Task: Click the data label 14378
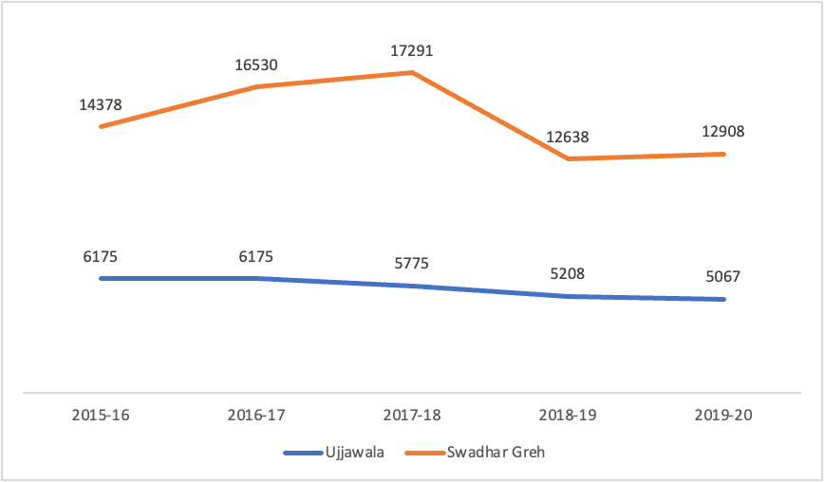click(100, 104)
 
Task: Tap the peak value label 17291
click(412, 50)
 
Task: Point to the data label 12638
click(568, 137)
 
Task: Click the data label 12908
click(723, 132)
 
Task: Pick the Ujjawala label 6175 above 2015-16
click(100, 256)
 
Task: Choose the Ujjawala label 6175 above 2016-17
click(256, 256)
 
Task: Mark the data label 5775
click(412, 264)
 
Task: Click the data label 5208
click(568, 274)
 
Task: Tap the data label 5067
click(723, 277)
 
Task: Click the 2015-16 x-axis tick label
click(100, 416)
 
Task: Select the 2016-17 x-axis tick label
click(256, 416)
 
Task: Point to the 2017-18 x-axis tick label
click(412, 416)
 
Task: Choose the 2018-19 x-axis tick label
click(568, 416)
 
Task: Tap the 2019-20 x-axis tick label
click(723, 416)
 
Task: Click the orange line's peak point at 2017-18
click(412, 72)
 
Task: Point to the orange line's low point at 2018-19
click(568, 158)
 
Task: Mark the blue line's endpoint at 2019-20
click(723, 300)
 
